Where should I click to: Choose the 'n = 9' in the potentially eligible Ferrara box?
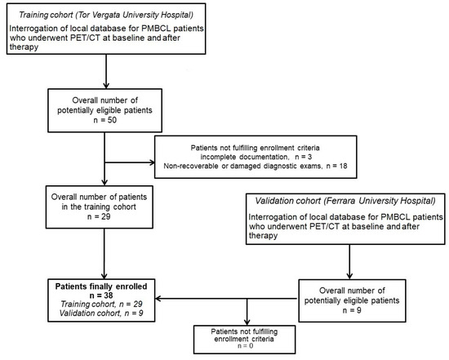point(351,308)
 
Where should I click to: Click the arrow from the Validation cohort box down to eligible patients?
point(351,253)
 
